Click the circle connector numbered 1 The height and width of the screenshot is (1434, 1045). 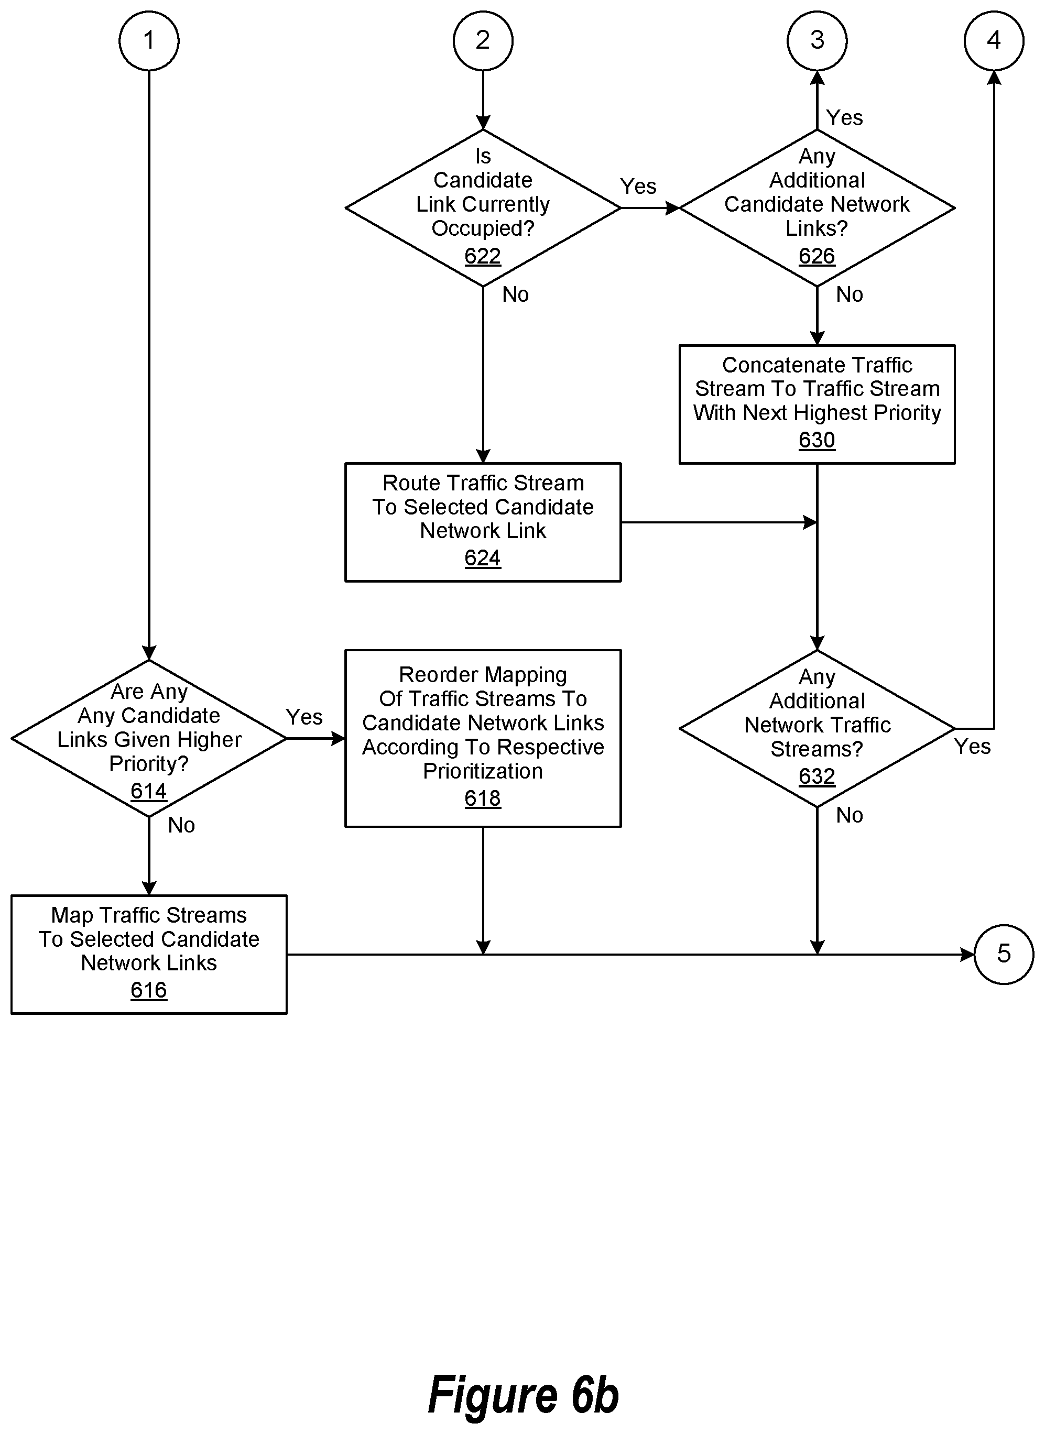click(149, 41)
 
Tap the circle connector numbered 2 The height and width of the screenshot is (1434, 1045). click(483, 41)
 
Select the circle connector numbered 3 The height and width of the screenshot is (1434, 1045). click(817, 41)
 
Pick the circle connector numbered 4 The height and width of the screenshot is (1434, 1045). click(993, 41)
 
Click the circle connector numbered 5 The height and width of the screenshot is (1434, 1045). click(1004, 954)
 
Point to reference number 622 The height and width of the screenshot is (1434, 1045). click(483, 256)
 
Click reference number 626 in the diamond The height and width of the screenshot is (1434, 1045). click(817, 256)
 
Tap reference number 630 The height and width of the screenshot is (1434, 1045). click(817, 440)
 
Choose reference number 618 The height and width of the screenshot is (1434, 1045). click(483, 799)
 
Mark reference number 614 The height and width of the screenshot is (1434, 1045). click(149, 792)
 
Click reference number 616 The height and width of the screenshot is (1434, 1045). click(149, 990)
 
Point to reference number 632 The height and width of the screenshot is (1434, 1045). click(817, 776)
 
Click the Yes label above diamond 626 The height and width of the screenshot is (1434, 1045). click(844, 117)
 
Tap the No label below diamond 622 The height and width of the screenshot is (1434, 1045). click(516, 294)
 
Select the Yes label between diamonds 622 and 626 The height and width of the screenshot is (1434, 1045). click(638, 187)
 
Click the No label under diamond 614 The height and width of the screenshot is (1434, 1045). click(181, 826)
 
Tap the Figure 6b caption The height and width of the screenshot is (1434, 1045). click(523, 1395)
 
